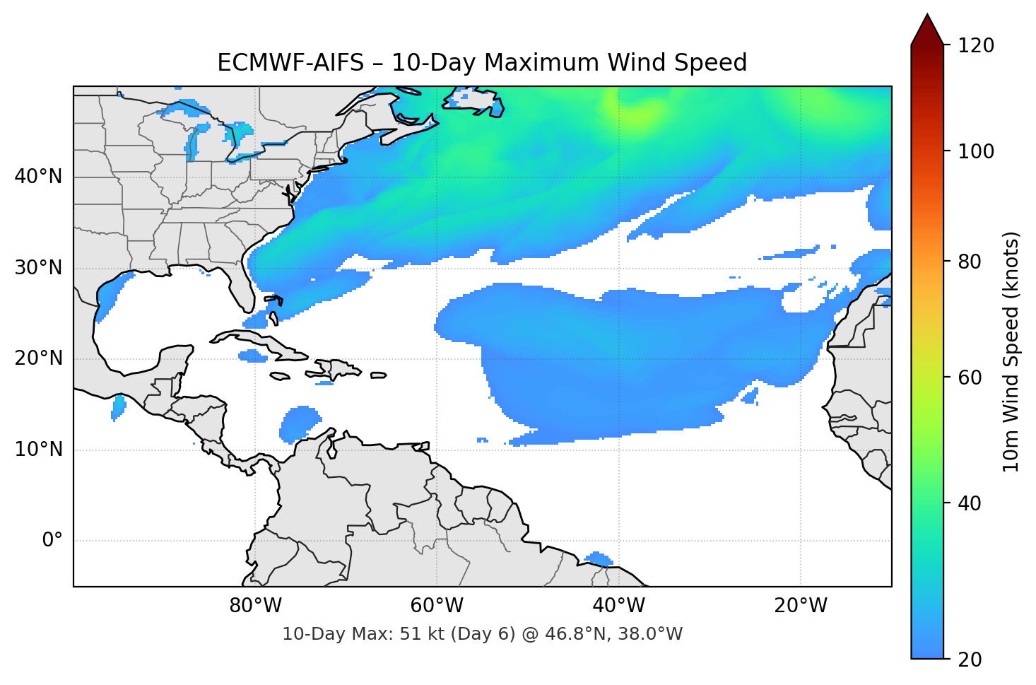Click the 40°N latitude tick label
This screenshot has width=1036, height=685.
39,177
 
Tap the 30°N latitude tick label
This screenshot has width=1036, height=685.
39,268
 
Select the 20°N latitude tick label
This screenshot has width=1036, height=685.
39,358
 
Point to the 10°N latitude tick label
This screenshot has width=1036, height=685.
39,450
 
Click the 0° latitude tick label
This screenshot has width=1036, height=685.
52,541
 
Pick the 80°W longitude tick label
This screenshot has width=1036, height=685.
255,606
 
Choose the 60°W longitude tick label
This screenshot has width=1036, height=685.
437,606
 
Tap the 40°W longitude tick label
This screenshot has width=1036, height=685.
618,606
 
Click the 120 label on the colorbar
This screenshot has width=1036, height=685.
976,46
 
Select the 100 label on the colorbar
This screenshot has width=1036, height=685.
976,151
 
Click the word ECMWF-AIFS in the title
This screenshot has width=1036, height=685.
290,63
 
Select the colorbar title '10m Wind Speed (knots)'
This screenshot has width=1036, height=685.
1011,351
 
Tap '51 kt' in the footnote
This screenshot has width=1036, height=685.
420,634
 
